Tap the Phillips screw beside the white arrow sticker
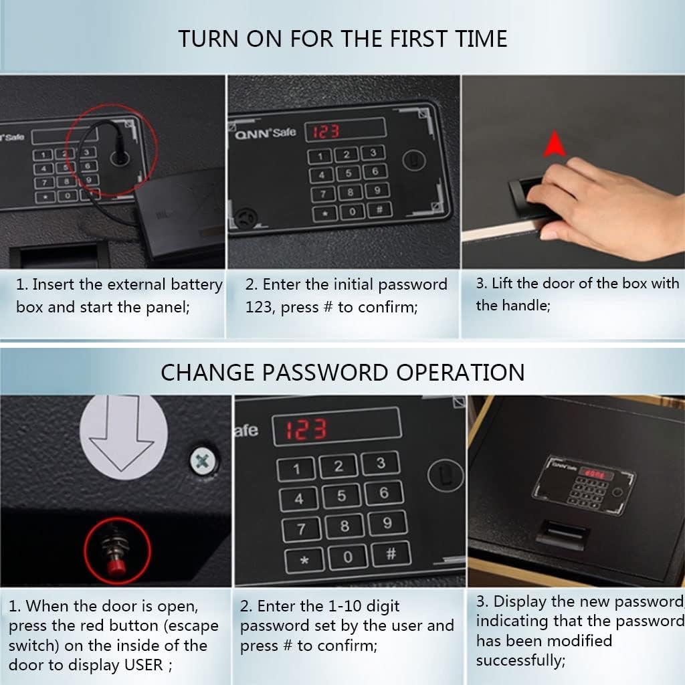201,460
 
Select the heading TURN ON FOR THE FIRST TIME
342,38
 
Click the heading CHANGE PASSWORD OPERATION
342,372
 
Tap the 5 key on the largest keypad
341,496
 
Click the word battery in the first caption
196,284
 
